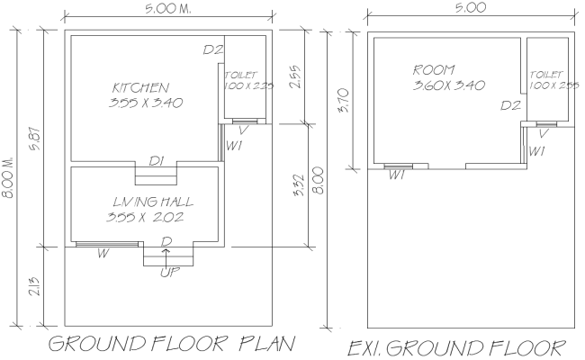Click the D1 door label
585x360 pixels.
pyautogui.click(x=156, y=161)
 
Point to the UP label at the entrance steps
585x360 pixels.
pyautogui.click(x=167, y=271)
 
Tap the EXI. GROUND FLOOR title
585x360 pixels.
pyautogui.click(x=457, y=347)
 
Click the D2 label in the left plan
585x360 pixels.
pyautogui.click(x=212, y=49)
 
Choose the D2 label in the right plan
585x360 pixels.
pyautogui.click(x=511, y=106)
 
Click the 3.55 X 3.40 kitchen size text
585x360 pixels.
pyautogui.click(x=145, y=103)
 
